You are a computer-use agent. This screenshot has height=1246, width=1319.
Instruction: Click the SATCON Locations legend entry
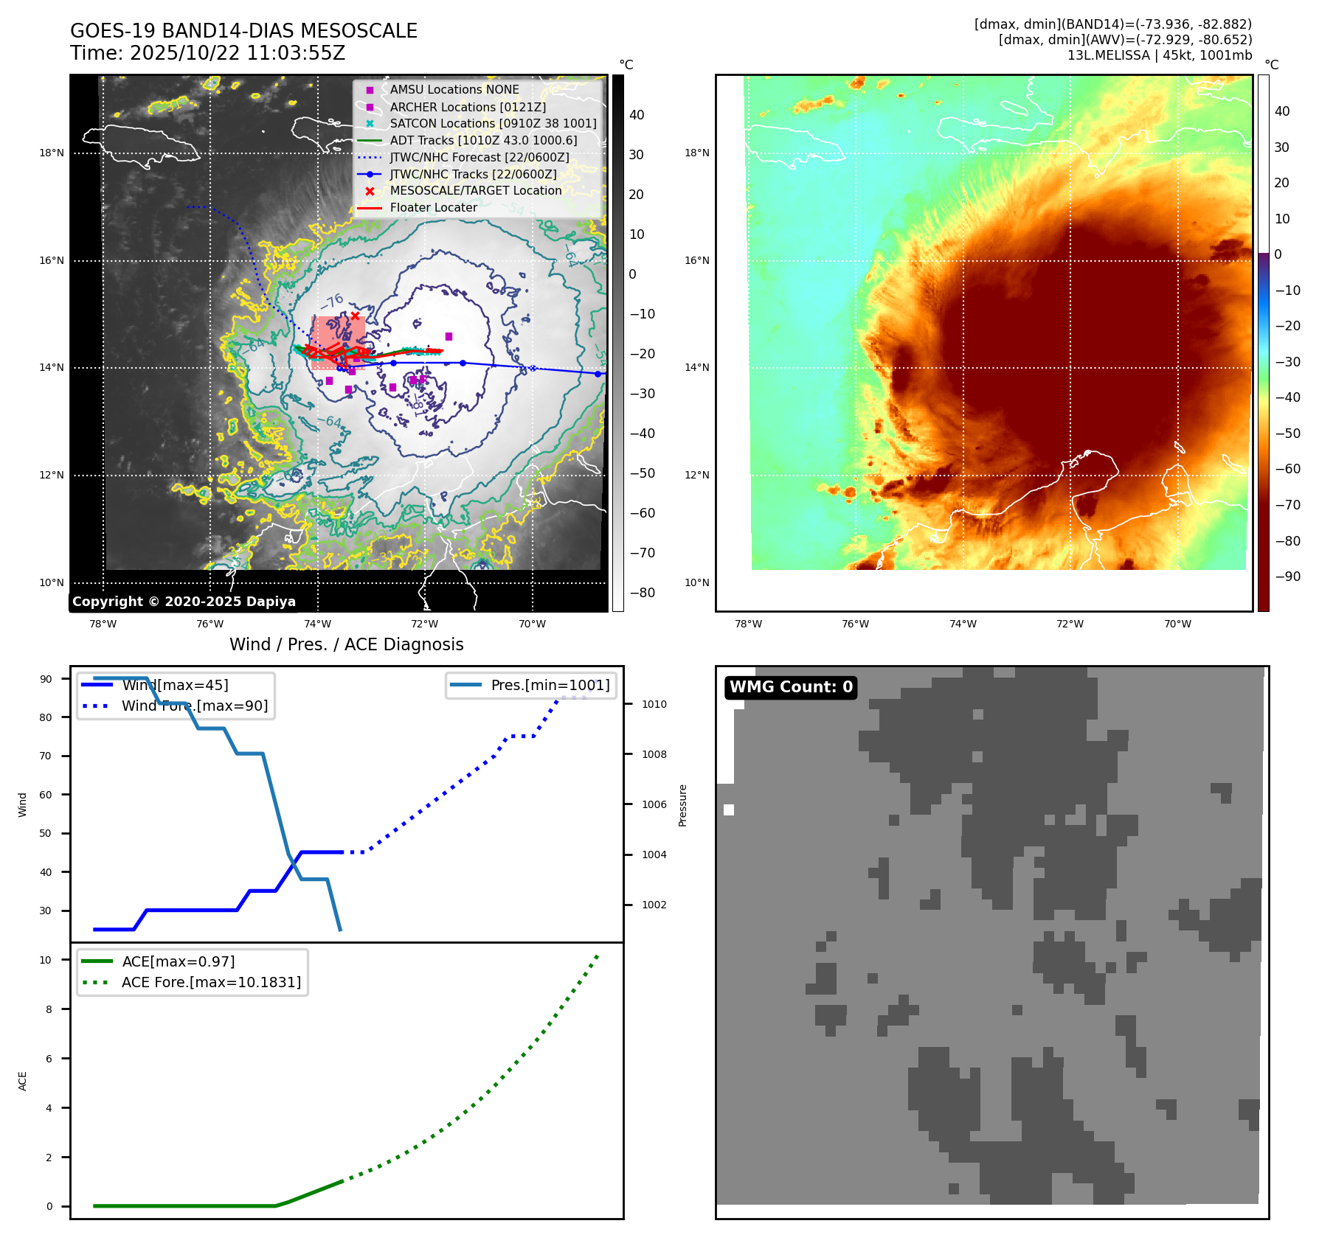[493, 123]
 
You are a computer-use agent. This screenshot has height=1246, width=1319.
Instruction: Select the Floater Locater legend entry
[433, 208]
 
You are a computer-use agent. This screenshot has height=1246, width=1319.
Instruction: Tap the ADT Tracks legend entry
[483, 140]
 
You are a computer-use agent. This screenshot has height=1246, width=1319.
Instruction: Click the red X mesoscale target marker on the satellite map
[355, 316]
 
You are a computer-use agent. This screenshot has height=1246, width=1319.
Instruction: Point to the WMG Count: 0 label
[791, 687]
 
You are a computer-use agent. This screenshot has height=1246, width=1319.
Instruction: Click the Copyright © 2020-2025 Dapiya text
[184, 602]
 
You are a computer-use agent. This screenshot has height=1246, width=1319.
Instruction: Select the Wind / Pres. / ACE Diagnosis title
[346, 644]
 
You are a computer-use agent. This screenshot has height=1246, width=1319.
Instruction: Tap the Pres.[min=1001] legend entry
[550, 685]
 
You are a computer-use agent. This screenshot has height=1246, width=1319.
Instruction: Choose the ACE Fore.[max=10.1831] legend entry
[211, 982]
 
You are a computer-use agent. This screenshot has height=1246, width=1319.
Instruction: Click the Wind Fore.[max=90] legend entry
[195, 706]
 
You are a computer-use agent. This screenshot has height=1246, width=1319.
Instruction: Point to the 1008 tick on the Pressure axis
[654, 754]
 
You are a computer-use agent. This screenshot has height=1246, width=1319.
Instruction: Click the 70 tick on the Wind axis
[46, 756]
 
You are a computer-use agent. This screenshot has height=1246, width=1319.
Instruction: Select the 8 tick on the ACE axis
[49, 1009]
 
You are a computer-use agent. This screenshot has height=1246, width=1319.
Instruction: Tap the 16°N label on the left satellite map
[52, 260]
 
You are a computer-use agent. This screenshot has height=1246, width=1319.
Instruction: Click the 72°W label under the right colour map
[1070, 624]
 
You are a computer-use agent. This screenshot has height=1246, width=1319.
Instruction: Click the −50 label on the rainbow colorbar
[1287, 433]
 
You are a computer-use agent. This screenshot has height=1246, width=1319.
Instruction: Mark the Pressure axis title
[682, 805]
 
